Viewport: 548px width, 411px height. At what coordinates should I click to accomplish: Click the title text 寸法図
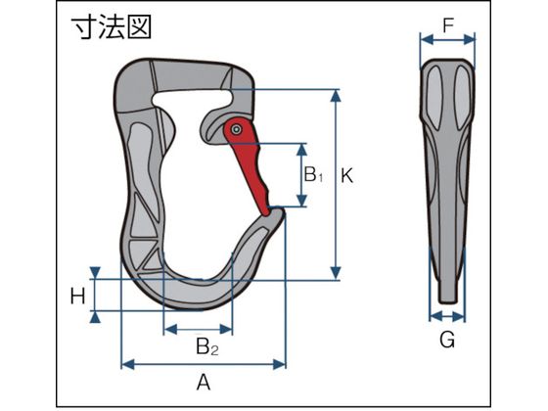112,27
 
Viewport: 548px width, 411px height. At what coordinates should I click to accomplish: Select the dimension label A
204,382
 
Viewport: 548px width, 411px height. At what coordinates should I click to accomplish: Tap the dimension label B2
207,346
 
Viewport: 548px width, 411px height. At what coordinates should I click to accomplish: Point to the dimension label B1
313,174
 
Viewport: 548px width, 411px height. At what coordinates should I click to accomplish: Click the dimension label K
346,176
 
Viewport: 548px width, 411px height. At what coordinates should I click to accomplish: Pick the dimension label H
77,297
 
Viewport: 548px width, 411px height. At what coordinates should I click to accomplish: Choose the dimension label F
448,25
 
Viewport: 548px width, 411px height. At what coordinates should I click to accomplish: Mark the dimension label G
447,339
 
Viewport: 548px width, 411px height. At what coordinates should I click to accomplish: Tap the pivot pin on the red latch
237,129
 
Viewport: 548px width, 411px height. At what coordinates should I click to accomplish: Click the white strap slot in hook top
192,98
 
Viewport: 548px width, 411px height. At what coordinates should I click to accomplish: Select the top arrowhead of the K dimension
336,95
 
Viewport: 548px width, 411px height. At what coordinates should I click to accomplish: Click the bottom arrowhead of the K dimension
336,273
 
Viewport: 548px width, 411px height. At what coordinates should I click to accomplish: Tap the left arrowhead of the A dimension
127,364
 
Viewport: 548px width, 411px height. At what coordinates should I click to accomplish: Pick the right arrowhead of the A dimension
280,364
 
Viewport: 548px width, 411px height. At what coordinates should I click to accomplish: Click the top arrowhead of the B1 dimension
301,149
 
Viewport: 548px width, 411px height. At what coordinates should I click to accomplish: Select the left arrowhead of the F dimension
427,39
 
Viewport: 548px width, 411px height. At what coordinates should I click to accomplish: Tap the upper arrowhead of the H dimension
95,273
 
